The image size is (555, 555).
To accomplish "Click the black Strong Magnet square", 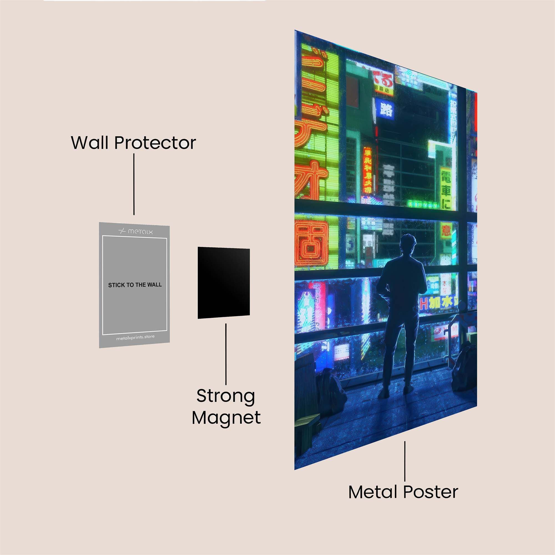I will (223, 283).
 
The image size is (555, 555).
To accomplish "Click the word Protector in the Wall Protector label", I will (155, 142).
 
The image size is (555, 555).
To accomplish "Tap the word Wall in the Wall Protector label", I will (90, 142).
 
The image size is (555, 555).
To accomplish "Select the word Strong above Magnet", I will (226, 396).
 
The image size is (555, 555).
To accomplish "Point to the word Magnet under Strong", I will (226, 418).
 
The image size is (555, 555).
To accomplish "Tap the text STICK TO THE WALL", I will (135, 285).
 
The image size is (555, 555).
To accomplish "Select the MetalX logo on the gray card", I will (135, 231).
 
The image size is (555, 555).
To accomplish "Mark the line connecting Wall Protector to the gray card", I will (134, 184).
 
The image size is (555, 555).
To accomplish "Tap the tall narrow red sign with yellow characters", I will (367, 170).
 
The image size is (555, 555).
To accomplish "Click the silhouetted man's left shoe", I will (384, 393).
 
